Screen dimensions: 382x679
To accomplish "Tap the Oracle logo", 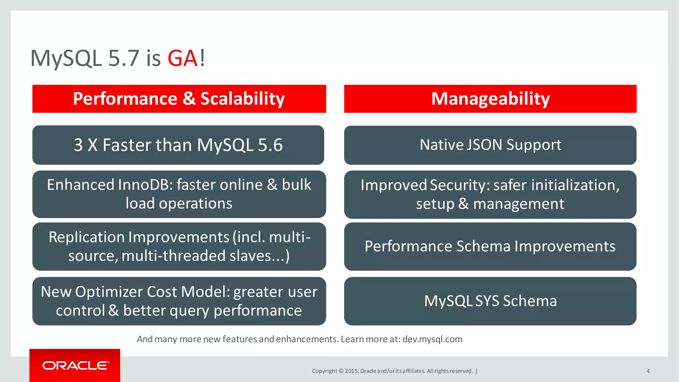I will (75, 365).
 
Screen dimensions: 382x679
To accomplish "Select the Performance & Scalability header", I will (179, 99).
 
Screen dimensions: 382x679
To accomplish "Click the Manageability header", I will (490, 99).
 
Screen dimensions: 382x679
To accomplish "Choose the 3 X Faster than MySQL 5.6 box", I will (178, 145).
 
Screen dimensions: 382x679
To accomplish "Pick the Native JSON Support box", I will (490, 145).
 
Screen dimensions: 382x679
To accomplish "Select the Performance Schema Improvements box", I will (490, 246).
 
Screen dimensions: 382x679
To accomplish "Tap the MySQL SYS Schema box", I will (490, 301).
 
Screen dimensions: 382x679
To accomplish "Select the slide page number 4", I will (648, 371).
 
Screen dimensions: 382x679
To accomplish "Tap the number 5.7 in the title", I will (124, 58).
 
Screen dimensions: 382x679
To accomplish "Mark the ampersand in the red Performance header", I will (189, 99).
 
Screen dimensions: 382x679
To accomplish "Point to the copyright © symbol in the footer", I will (341, 371).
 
